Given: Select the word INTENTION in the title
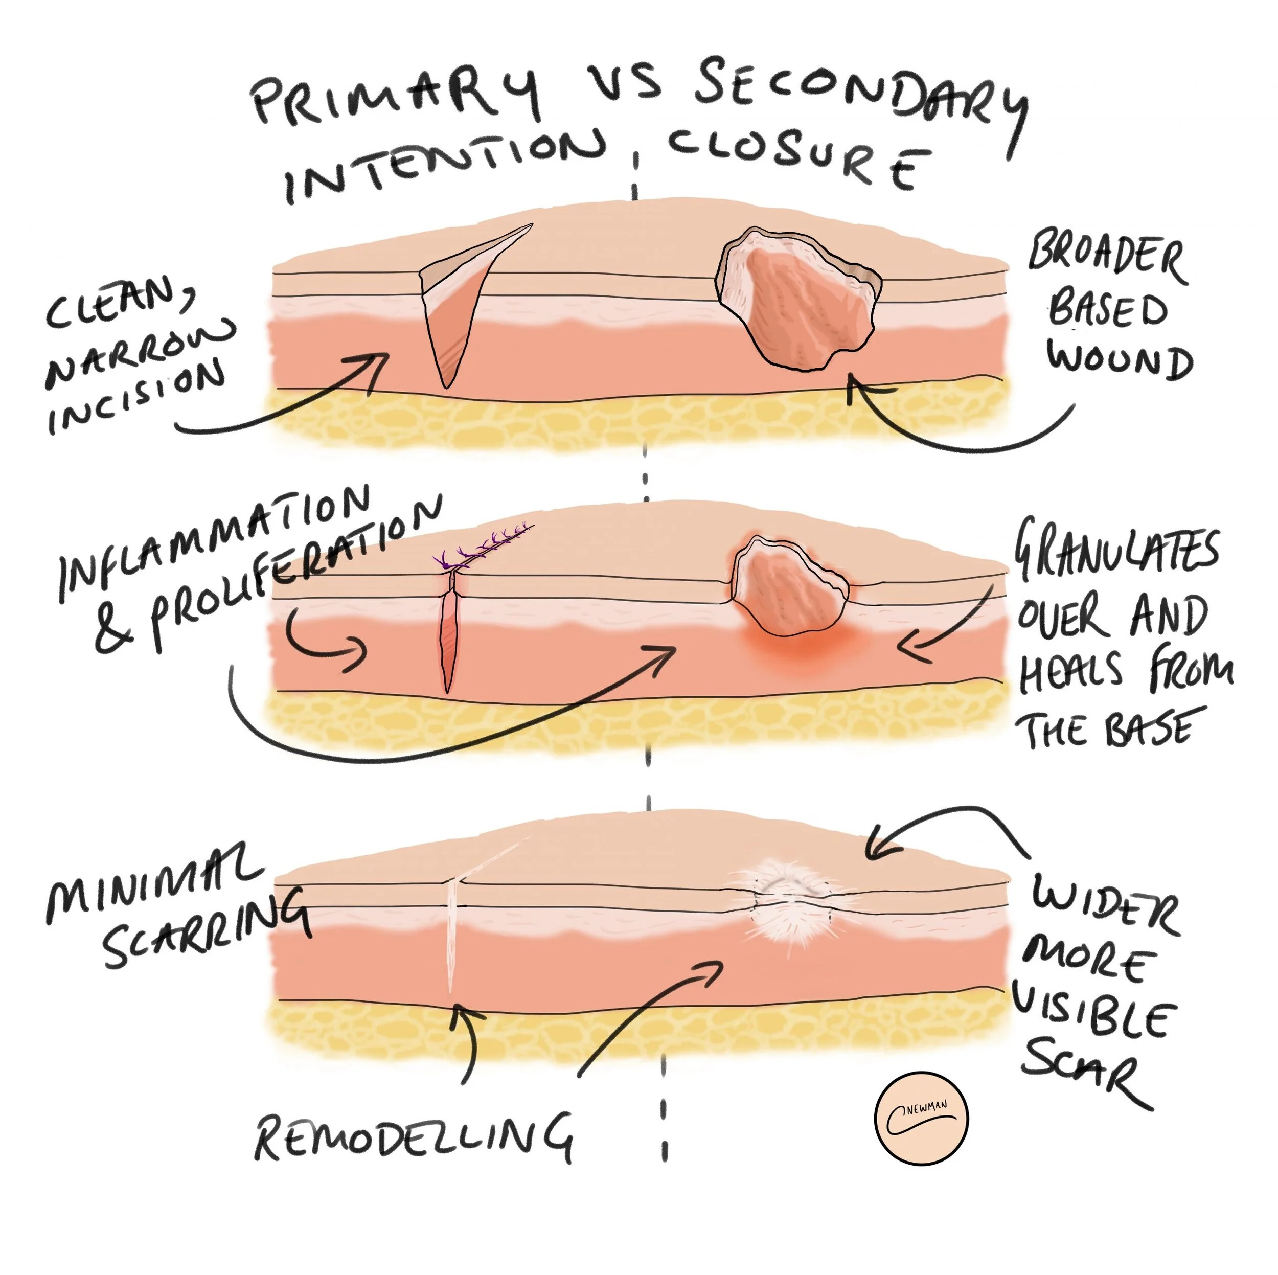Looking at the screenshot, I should click(443, 166).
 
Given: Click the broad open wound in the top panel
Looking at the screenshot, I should click(801, 298).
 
